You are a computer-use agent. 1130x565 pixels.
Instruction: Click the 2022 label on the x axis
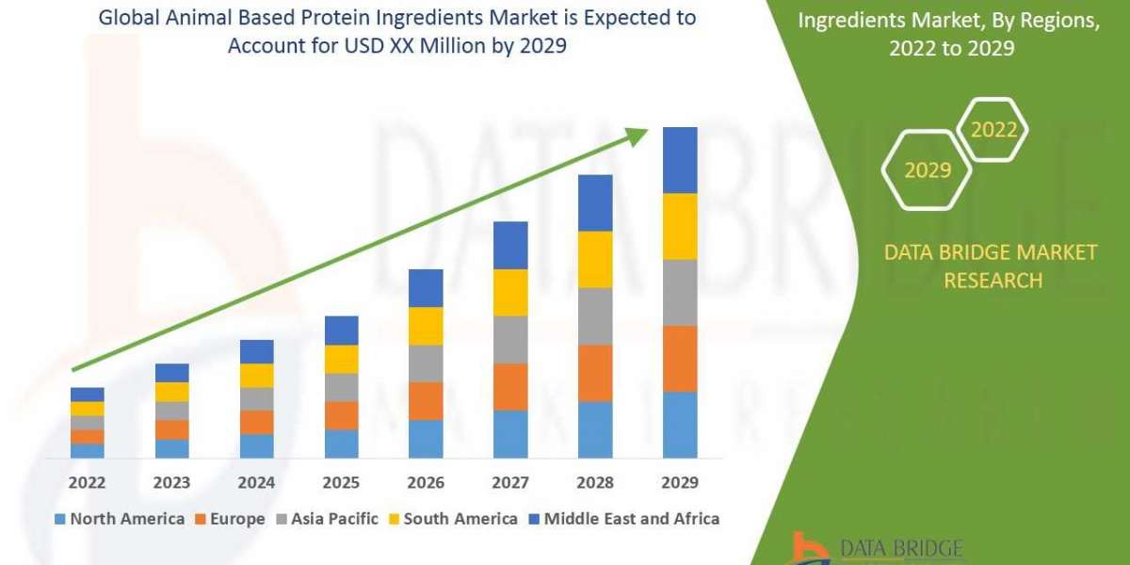(x=87, y=482)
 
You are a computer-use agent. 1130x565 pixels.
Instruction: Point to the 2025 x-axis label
(x=341, y=482)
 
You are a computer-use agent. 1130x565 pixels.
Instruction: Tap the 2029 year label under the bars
(x=680, y=482)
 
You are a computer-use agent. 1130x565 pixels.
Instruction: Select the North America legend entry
(x=120, y=519)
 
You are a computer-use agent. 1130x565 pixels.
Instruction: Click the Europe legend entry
(x=233, y=519)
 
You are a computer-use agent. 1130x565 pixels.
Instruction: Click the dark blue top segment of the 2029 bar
(x=680, y=160)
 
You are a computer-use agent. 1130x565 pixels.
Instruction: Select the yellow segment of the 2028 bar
(x=595, y=259)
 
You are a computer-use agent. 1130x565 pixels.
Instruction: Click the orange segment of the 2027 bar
(x=510, y=386)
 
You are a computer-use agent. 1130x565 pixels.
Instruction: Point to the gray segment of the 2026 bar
(x=426, y=363)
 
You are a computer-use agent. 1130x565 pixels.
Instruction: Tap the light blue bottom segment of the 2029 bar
(x=680, y=425)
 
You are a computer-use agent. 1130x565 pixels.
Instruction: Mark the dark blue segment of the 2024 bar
(x=256, y=351)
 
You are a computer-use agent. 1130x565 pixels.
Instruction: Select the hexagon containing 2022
(x=993, y=130)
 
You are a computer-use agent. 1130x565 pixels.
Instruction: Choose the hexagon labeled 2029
(x=927, y=170)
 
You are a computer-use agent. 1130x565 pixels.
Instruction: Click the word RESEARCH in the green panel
(x=993, y=280)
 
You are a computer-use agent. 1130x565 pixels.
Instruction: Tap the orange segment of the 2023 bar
(x=171, y=429)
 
